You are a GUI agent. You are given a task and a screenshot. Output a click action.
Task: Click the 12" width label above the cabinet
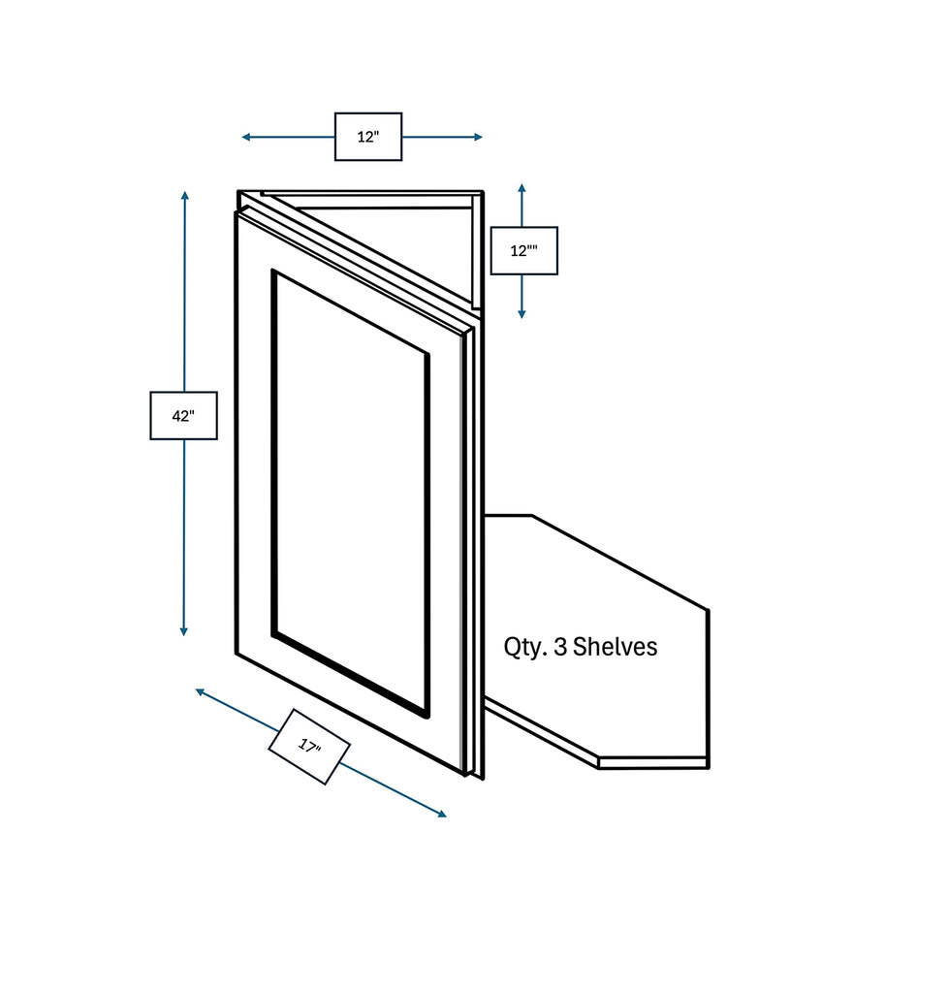[x=367, y=137]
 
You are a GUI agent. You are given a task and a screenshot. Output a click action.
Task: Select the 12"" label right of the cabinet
[x=523, y=251]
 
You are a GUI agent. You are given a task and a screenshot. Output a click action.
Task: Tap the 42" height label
[x=183, y=416]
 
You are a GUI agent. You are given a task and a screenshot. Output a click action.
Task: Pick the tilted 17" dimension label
[x=308, y=746]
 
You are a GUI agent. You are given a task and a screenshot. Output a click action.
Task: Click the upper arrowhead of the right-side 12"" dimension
[x=521, y=188]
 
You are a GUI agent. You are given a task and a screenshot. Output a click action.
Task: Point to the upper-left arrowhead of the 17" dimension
[x=200, y=691]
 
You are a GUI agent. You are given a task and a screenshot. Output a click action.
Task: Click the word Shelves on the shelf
[x=615, y=647]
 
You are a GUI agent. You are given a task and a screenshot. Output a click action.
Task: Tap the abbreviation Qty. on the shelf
[x=524, y=648]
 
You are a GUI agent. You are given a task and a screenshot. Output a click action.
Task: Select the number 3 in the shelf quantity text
[x=559, y=647]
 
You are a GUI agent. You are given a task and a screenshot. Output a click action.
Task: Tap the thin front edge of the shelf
[x=653, y=763]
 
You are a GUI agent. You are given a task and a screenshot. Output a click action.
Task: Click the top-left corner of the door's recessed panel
[x=274, y=272]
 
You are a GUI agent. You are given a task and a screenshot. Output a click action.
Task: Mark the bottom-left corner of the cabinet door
[x=237, y=652]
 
